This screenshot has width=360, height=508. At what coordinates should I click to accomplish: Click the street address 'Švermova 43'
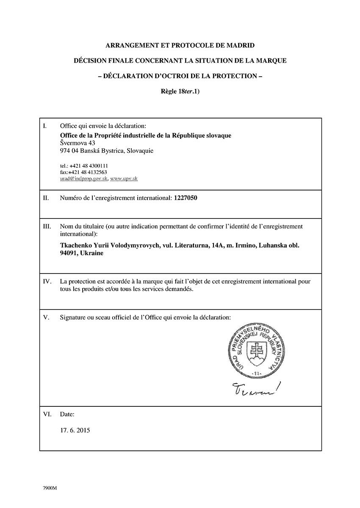[x=78, y=143]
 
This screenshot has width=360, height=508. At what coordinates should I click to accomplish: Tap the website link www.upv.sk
[x=124, y=179]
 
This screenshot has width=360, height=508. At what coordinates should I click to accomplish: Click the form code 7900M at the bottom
[x=50, y=488]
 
